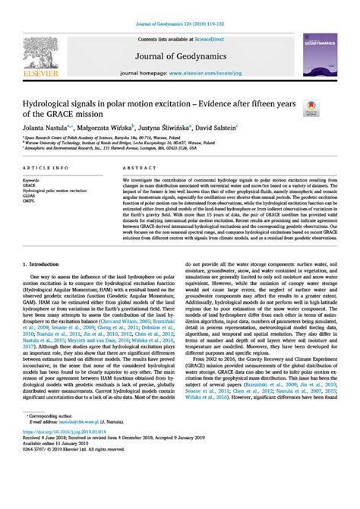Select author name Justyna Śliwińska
tap(166, 130)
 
